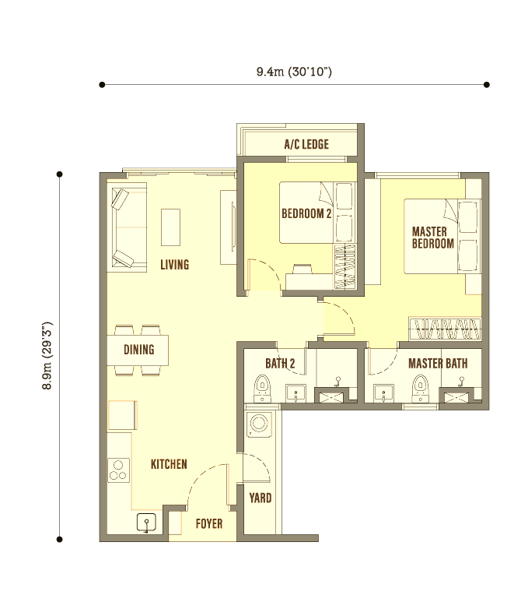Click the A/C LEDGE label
click(x=306, y=145)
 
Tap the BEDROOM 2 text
click(x=306, y=213)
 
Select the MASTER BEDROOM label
click(x=432, y=238)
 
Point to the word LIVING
click(x=175, y=265)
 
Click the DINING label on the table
click(x=139, y=350)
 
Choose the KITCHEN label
click(x=169, y=464)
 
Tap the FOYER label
click(x=209, y=524)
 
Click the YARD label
click(x=261, y=498)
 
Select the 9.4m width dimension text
click(x=294, y=72)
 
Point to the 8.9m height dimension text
click(x=47, y=355)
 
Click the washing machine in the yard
click(x=259, y=424)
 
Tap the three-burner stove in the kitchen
click(x=118, y=470)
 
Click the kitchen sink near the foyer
click(x=147, y=523)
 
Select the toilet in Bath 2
click(x=262, y=389)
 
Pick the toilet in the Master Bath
click(x=420, y=389)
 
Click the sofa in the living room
click(x=128, y=227)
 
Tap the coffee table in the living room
click(x=171, y=227)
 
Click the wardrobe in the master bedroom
click(x=445, y=329)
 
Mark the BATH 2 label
click(x=280, y=364)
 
